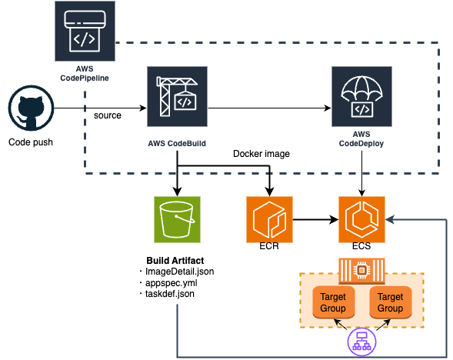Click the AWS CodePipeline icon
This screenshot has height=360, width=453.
(85, 31)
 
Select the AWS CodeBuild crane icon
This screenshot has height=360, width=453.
(178, 96)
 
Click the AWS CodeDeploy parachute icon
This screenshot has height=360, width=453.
(361, 96)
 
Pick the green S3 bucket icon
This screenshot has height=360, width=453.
(177, 218)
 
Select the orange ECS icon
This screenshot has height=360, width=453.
(362, 218)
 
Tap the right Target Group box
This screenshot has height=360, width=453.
(390, 302)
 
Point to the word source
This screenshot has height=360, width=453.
(108, 115)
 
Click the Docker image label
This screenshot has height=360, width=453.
(261, 154)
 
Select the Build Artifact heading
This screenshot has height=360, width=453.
(176, 260)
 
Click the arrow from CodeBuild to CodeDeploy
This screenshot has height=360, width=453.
(269, 108)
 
